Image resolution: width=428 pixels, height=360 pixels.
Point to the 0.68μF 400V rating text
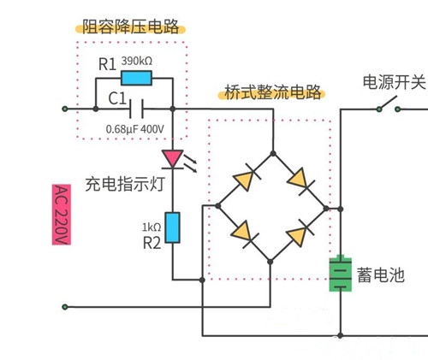(x=135, y=129)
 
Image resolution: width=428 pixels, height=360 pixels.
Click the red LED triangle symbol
(x=173, y=158)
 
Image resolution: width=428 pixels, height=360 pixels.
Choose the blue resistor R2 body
(x=173, y=227)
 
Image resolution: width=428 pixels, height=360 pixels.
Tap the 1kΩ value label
(x=151, y=227)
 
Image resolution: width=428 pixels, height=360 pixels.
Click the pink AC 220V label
(x=60, y=215)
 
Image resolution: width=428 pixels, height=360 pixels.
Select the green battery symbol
(x=341, y=274)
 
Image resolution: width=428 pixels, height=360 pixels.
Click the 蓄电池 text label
(x=381, y=274)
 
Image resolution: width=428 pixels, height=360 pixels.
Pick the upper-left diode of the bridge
(x=246, y=180)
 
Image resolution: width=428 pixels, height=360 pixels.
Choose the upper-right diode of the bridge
(x=300, y=180)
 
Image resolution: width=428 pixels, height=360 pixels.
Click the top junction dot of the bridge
(x=273, y=153)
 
